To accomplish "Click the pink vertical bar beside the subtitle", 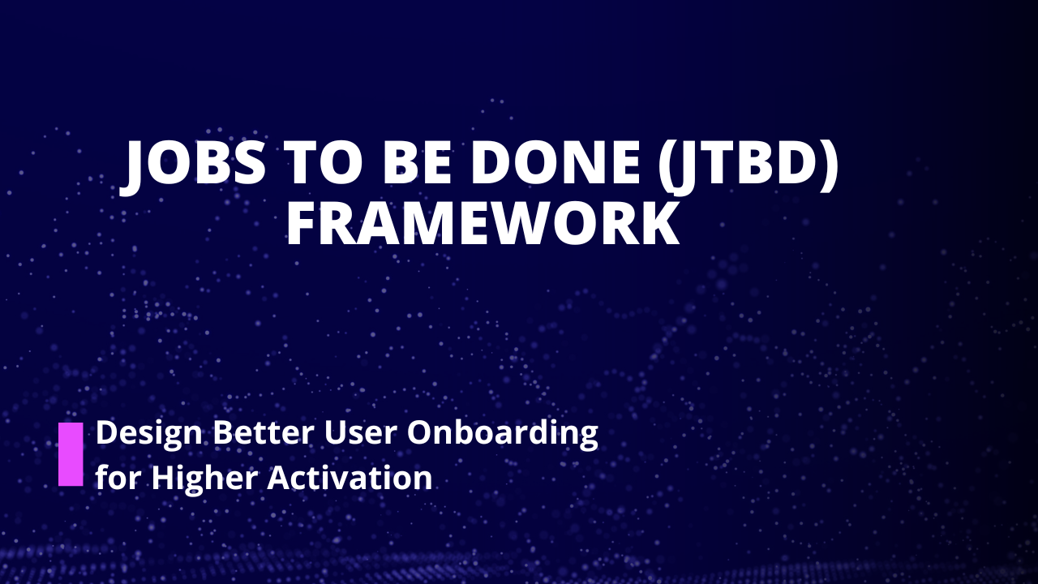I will click(x=71, y=454).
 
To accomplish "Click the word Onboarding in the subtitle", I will click(x=502, y=434).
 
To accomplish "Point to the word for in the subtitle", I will click(x=118, y=478).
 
